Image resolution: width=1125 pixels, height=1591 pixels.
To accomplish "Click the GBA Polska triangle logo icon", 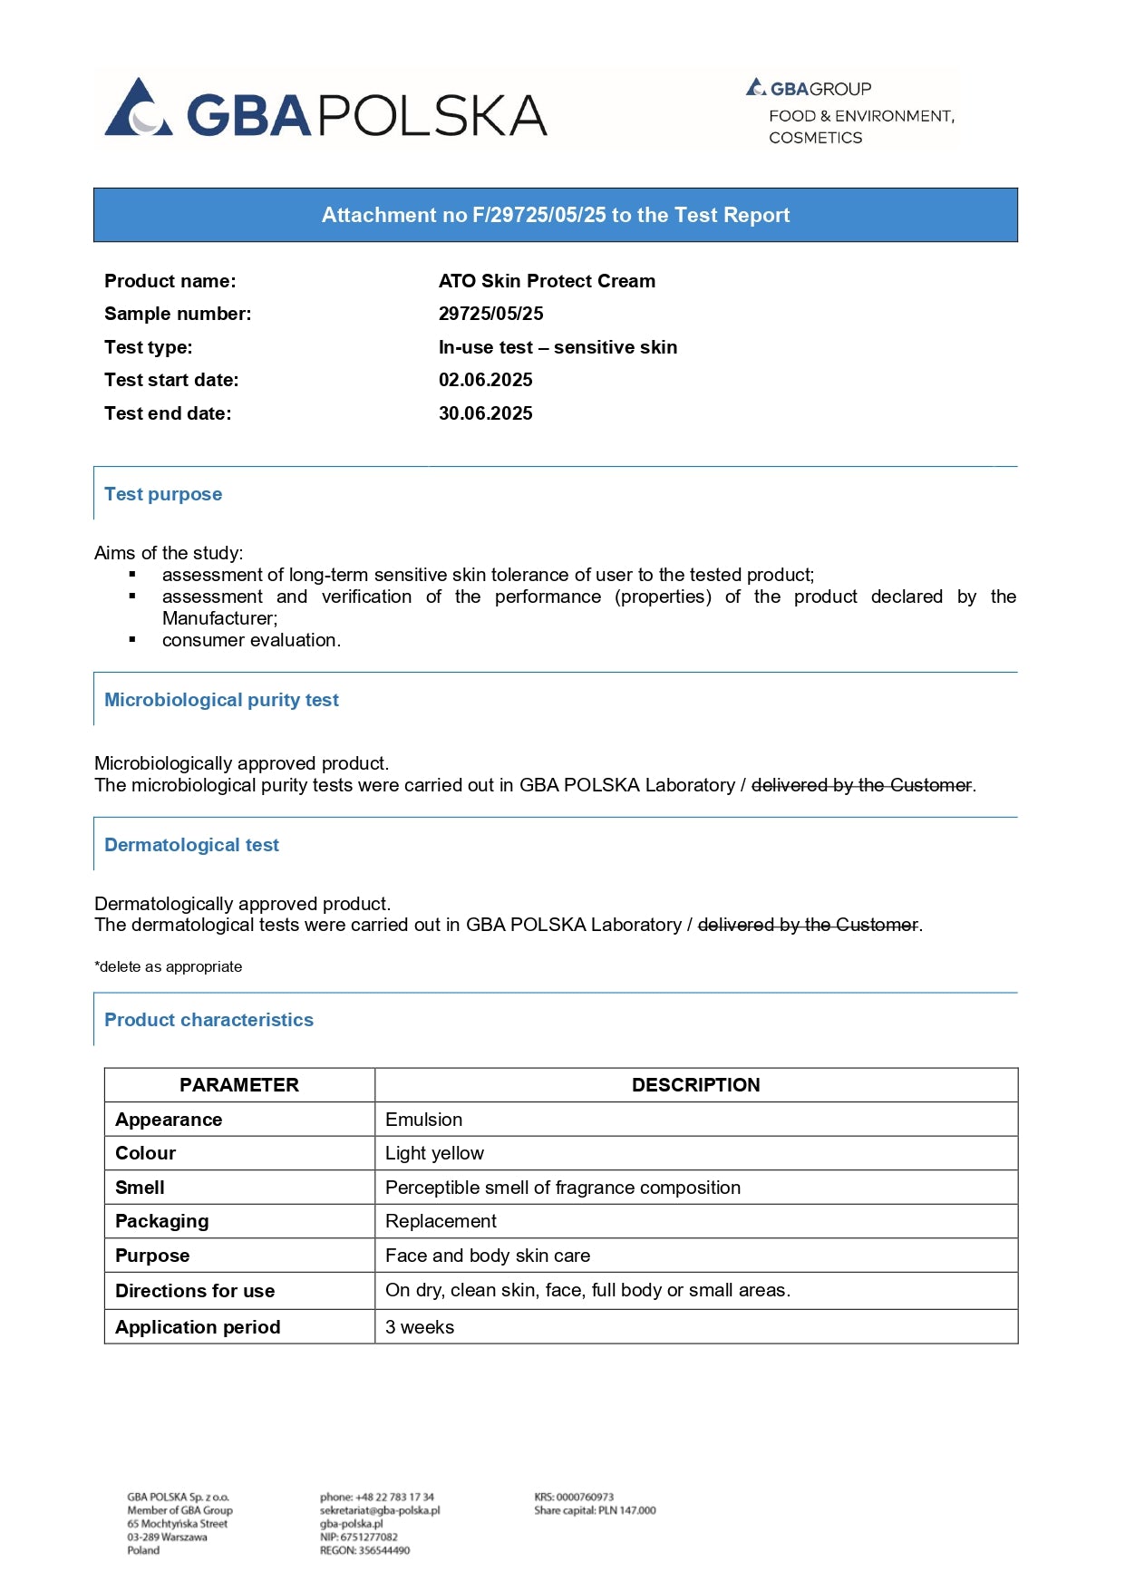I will tap(138, 110).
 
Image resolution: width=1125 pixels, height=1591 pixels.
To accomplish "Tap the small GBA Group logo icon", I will tap(756, 87).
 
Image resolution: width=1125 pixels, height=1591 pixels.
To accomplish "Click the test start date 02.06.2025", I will tap(485, 380).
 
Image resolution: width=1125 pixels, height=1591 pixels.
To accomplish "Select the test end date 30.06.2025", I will tap(485, 413).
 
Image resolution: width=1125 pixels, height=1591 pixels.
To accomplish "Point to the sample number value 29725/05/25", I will tap(490, 314).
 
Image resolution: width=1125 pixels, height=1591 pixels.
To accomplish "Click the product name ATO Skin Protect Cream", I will tap(547, 281).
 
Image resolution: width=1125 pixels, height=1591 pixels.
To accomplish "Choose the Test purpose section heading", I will tap(163, 494).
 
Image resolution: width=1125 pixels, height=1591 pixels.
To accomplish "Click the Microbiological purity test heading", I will tap(221, 700).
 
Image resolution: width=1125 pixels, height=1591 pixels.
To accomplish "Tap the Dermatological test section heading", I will tap(191, 845).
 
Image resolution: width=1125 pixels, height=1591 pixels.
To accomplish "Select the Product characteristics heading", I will tap(209, 1020).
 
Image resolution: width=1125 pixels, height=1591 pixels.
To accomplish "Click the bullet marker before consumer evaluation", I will tap(132, 640).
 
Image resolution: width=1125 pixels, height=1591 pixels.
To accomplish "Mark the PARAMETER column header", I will tap(239, 1085).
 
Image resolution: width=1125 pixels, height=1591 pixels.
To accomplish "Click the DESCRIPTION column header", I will tap(695, 1085).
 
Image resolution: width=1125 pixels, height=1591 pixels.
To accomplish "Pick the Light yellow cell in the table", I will tap(434, 1153).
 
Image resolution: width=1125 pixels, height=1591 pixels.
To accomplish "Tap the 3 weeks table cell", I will tap(420, 1327).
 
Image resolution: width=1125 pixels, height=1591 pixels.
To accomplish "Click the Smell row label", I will tap(140, 1188).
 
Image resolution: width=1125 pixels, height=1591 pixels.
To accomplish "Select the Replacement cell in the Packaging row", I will tap(441, 1221).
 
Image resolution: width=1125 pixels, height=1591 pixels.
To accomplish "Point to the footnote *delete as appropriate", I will tap(168, 966).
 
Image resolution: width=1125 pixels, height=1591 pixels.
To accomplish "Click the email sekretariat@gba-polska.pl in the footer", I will tap(380, 1510).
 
